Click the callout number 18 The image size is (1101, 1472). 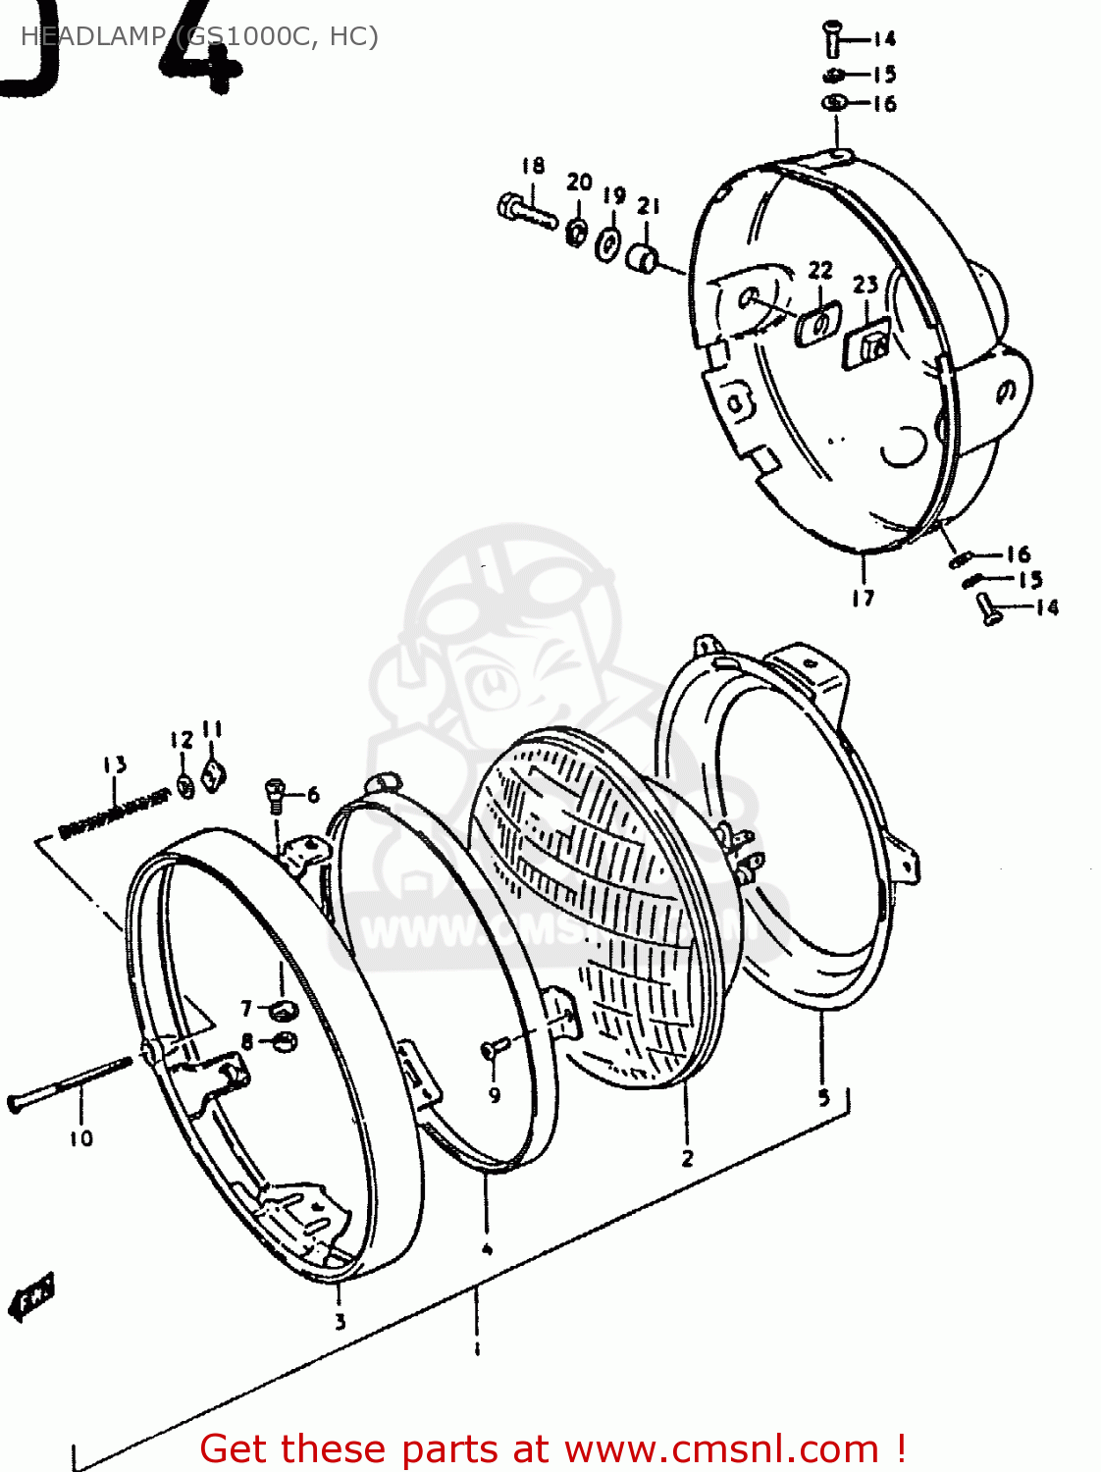point(533,166)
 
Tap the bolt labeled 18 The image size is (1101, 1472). point(526,210)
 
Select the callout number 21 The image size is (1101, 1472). point(649,206)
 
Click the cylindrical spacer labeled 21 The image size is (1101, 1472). point(643,260)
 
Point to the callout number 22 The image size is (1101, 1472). point(820,270)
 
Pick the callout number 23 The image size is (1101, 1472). point(865,285)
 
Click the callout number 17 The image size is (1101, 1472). point(863,598)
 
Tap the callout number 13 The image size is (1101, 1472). point(115,764)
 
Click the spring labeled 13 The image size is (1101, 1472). point(113,811)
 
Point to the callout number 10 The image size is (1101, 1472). point(80,1138)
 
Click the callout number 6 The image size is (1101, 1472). point(313,795)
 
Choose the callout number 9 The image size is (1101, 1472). point(495,1094)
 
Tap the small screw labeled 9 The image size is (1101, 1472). point(492,1050)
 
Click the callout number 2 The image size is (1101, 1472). point(687,1158)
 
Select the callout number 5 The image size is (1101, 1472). point(824,1096)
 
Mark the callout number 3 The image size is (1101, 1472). point(340,1322)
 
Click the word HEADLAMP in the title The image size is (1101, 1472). point(93,36)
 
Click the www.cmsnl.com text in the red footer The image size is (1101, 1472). point(721,1448)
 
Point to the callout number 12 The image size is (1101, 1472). point(182,740)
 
